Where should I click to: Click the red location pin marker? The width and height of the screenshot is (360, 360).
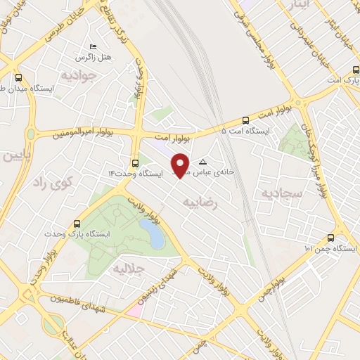pyautogui.click(x=181, y=165)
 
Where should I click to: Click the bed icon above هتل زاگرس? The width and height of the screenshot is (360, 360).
pyautogui.click(x=94, y=46)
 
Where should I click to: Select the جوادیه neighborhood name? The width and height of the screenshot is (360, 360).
pyautogui.click(x=77, y=74)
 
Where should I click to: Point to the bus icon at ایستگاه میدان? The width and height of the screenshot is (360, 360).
pyautogui.click(x=18, y=79)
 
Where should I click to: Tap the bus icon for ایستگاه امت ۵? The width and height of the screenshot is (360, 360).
pyautogui.click(x=245, y=120)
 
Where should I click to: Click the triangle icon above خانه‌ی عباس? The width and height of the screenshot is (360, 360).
pyautogui.click(x=204, y=161)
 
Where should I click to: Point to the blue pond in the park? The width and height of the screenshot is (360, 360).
pyautogui.click(x=151, y=233)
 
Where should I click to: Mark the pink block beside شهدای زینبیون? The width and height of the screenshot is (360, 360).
pyautogui.click(x=134, y=310)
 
